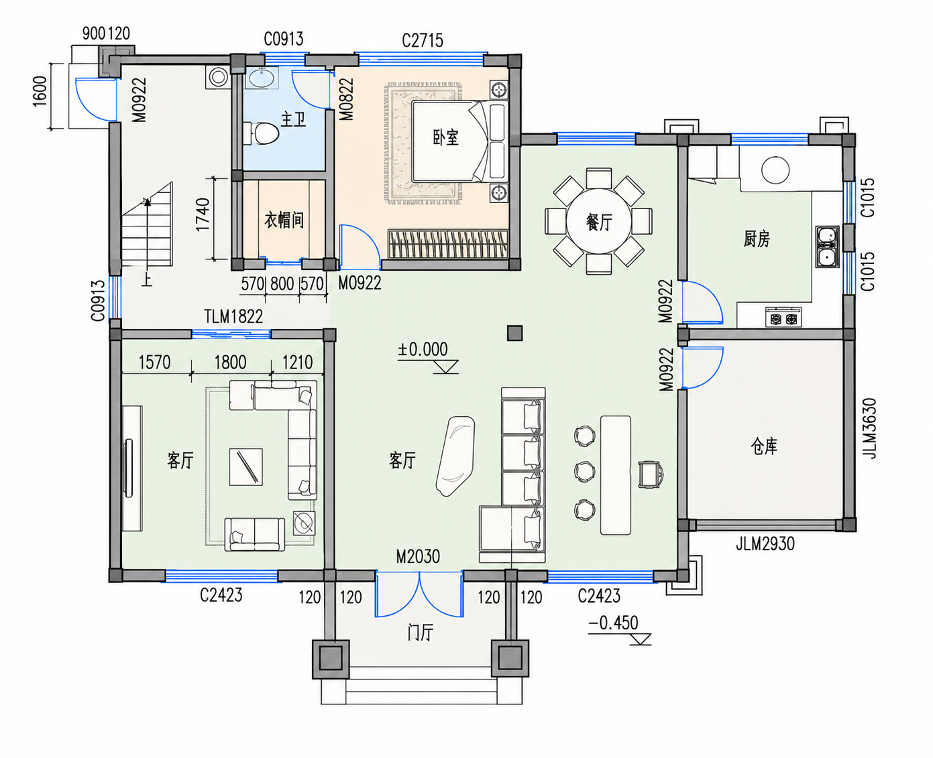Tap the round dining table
(598, 221)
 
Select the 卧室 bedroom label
(445, 138)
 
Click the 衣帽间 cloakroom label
(284, 220)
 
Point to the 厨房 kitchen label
(757, 239)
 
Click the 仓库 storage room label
(764, 446)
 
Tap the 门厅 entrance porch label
(420, 633)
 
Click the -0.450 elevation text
(613, 623)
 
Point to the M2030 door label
(418, 557)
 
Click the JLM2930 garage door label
(765, 544)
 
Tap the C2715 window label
(423, 41)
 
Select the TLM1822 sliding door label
(233, 316)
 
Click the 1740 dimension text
(203, 214)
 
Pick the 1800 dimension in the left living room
(231, 363)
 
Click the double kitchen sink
(827, 247)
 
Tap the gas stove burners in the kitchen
(783, 318)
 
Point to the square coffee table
(246, 466)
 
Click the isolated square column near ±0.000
(514, 333)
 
